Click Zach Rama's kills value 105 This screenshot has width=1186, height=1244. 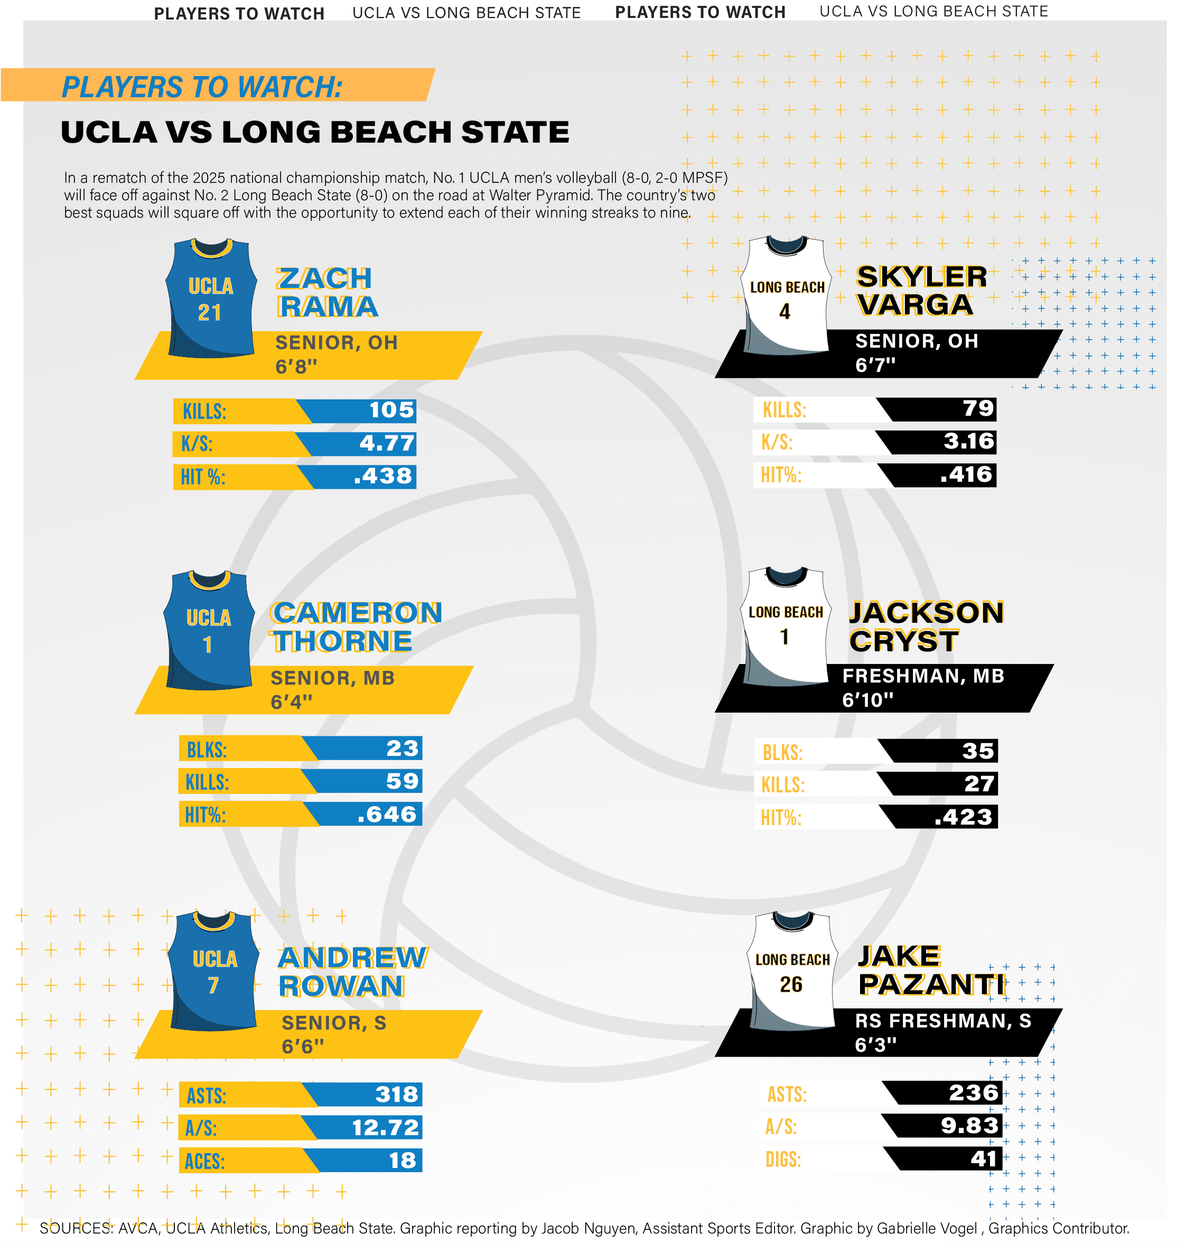coord(391,410)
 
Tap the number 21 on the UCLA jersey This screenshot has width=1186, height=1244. coord(209,313)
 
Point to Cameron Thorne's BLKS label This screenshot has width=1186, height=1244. coord(206,750)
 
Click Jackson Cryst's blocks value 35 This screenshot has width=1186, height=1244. coord(978,752)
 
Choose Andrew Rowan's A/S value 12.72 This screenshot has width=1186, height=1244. coord(385,1128)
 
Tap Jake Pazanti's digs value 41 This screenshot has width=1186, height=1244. coord(984,1158)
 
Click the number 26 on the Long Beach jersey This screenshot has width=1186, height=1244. coord(791,985)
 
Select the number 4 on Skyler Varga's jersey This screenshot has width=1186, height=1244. coord(785,312)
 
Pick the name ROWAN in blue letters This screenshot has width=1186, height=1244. coord(341,987)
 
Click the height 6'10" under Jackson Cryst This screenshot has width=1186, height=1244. coord(867,700)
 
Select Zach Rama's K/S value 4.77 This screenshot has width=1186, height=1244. coord(387,443)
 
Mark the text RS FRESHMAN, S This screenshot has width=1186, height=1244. coord(942,1021)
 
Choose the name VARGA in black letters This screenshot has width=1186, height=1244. coord(915,305)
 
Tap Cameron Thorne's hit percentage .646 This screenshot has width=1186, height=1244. coord(387,815)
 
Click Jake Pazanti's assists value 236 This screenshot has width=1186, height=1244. coord(974,1093)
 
